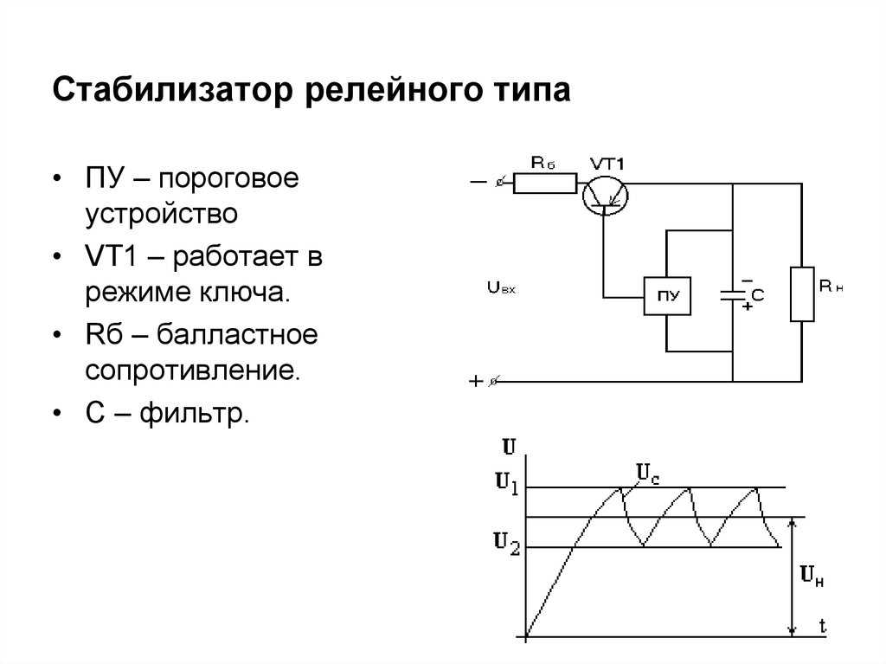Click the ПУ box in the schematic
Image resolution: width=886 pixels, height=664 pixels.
pyautogui.click(x=667, y=296)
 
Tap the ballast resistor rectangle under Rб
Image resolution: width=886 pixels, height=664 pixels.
pyautogui.click(x=545, y=184)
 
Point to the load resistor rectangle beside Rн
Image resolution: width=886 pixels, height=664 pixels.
pyautogui.click(x=802, y=294)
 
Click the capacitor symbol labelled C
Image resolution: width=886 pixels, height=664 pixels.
pyautogui.click(x=732, y=294)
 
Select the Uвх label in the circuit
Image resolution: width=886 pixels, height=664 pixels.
pyautogui.click(x=501, y=288)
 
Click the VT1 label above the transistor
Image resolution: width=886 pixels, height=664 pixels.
pyautogui.click(x=607, y=164)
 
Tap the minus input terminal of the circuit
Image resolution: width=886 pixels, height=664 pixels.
pyautogui.click(x=499, y=183)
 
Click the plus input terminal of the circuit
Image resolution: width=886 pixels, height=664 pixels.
pyautogui.click(x=492, y=382)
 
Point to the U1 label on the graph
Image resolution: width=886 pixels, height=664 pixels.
pyautogui.click(x=507, y=484)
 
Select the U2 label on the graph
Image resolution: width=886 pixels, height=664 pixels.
pyautogui.click(x=506, y=544)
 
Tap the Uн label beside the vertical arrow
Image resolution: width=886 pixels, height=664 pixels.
pyautogui.click(x=812, y=576)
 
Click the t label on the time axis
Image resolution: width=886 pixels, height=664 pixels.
pyautogui.click(x=823, y=626)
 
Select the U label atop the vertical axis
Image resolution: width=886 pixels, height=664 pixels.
pyautogui.click(x=509, y=447)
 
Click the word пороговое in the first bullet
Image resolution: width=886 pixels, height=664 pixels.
pyautogui.click(x=228, y=179)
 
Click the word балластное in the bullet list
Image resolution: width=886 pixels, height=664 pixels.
pyautogui.click(x=237, y=334)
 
